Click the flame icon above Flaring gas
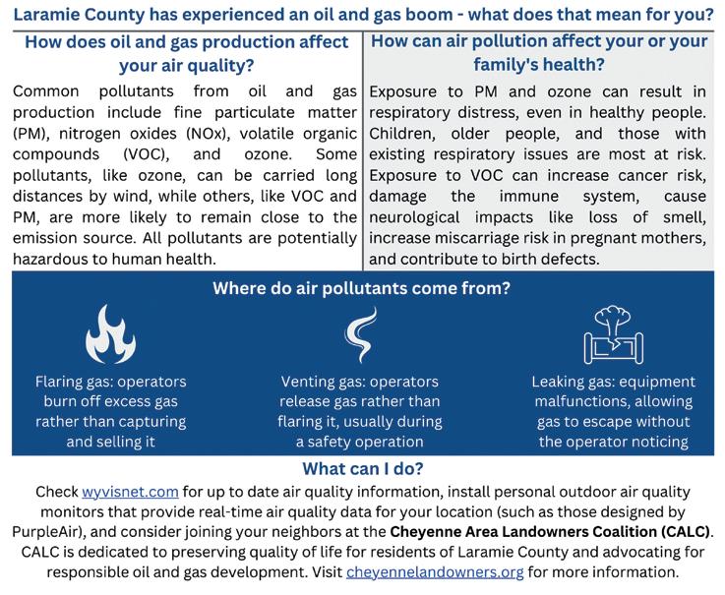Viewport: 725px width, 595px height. pos(110,333)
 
